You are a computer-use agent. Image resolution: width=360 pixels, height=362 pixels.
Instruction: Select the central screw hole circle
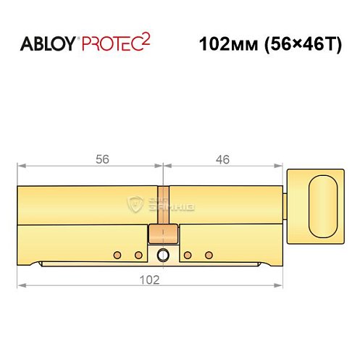point(163,254)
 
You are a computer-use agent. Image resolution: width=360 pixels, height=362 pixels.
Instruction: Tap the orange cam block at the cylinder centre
point(163,233)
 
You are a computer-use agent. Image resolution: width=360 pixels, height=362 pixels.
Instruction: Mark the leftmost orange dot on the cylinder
point(116,254)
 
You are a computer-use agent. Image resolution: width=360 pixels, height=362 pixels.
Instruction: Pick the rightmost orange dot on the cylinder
point(210,254)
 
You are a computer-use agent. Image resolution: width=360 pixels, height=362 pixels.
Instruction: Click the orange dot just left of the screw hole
point(139,254)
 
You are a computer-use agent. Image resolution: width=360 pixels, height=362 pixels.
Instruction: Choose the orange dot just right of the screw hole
point(187,254)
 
